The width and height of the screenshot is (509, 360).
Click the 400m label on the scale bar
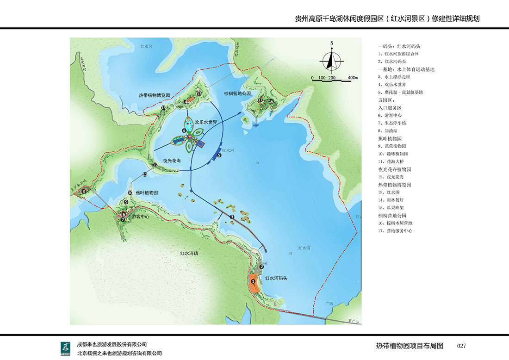353,77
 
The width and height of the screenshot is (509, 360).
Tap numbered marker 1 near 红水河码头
253,280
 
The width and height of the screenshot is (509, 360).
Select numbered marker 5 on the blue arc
219,156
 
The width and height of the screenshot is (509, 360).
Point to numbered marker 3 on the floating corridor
232,217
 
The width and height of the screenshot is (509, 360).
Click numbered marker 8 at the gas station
84,191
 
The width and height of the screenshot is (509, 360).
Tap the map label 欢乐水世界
206,122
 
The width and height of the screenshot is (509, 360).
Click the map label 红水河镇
189,253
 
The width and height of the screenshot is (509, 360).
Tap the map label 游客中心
141,216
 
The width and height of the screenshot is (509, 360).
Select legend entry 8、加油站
388,131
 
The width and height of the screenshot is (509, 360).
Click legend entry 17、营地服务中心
395,230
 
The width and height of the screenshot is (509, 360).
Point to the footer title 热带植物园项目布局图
410,346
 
